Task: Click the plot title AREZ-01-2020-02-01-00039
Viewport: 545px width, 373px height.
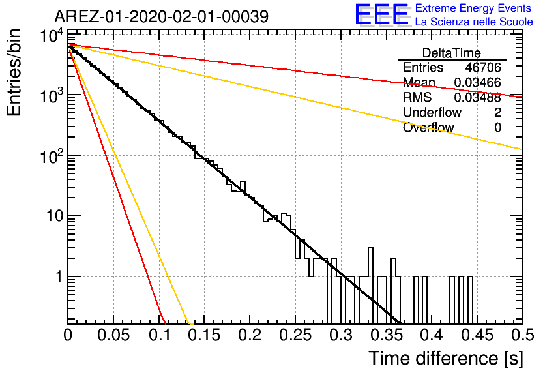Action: pos(162,16)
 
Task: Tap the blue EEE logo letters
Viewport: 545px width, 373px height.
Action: pos(381,14)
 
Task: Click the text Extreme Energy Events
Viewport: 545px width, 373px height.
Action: pos(473,8)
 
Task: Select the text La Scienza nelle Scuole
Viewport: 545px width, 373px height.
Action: pos(474,22)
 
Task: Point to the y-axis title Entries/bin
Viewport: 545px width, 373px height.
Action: pos(14,73)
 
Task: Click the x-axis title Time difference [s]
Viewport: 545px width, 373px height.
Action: pos(446,358)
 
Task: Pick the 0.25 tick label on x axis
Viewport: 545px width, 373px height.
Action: pos(295,335)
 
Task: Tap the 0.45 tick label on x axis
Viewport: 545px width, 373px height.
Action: pos(477,335)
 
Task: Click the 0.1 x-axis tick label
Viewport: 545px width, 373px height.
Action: pos(159,335)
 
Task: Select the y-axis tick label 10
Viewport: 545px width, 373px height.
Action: pos(55,216)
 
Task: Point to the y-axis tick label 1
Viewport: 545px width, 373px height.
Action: pos(59,276)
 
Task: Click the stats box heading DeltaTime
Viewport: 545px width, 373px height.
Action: pos(452,53)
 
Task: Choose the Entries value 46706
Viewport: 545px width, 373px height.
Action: pos(483,67)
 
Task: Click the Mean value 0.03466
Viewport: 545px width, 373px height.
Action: pos(478,82)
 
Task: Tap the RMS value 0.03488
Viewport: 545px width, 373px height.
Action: pos(478,97)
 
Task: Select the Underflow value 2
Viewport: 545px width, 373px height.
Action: pos(497,112)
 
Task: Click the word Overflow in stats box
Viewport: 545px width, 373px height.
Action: pos(428,127)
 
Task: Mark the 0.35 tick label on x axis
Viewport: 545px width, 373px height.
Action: pos(386,335)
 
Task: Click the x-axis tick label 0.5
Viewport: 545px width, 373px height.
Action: pos(523,335)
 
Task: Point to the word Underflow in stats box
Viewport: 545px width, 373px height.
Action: pos(432,112)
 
